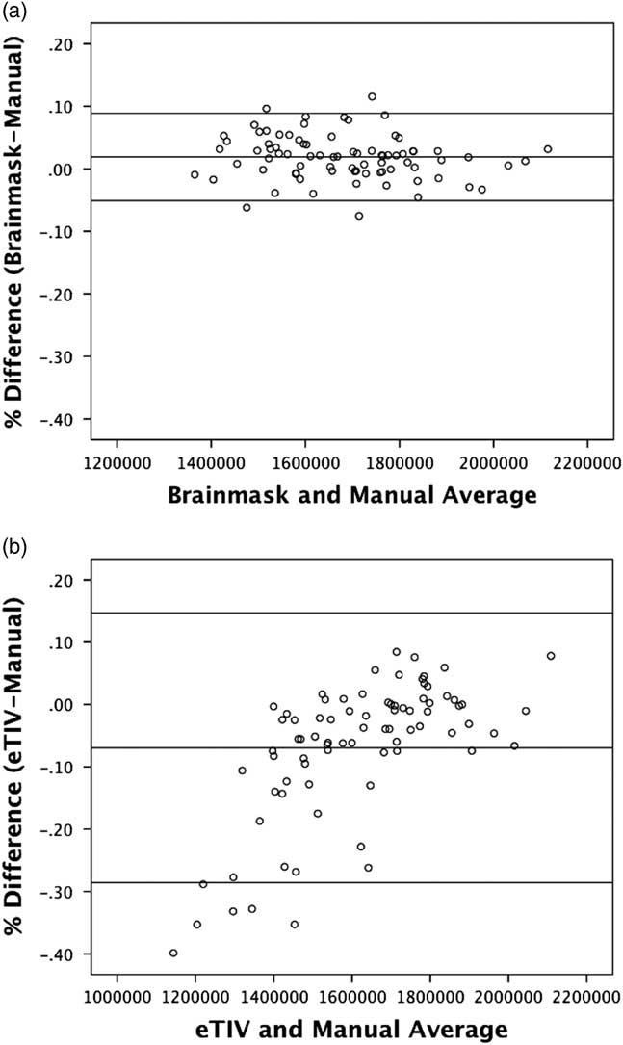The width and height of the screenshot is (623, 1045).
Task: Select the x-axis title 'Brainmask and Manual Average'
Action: pyautogui.click(x=351, y=496)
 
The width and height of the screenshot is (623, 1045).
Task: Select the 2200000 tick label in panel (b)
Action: pyautogui.click(x=587, y=995)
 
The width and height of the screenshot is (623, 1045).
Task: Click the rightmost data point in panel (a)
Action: pyautogui.click(x=548, y=149)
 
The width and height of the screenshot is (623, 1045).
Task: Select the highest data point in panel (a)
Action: pyautogui.click(x=372, y=96)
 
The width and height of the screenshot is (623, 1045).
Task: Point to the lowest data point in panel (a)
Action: pyautogui.click(x=359, y=216)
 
